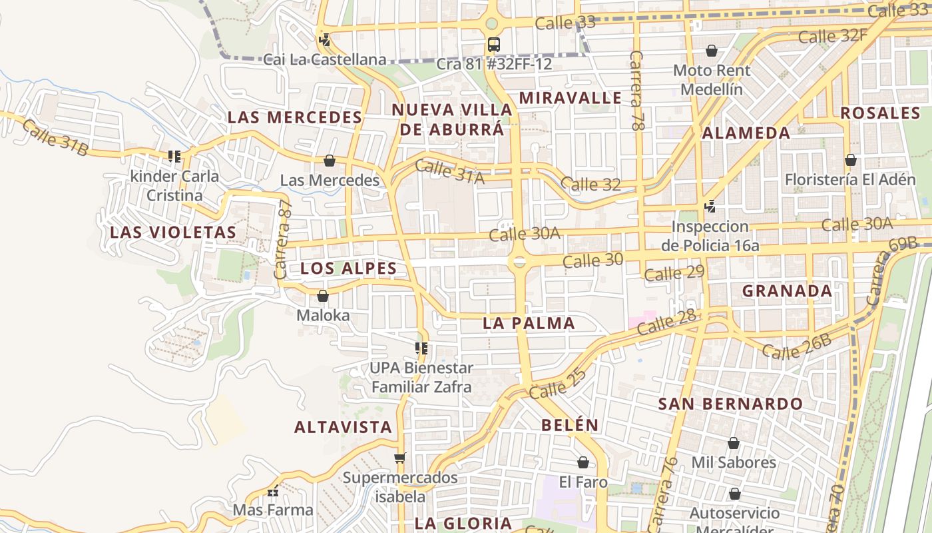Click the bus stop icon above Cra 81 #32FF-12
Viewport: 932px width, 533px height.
click(x=493, y=45)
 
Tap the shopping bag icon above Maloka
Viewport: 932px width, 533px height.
click(x=323, y=296)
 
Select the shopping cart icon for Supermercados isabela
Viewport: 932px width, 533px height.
click(x=399, y=458)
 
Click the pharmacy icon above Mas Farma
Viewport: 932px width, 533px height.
click(x=273, y=492)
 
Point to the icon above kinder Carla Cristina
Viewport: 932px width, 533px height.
click(x=174, y=157)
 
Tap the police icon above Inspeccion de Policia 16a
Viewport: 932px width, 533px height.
click(x=710, y=207)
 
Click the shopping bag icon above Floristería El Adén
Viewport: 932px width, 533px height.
click(x=850, y=160)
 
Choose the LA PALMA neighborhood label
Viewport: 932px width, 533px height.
click(x=529, y=323)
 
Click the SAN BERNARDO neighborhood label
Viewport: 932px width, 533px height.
click(x=730, y=404)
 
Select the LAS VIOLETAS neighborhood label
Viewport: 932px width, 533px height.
click(x=173, y=232)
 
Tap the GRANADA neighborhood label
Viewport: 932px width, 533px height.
click(x=787, y=290)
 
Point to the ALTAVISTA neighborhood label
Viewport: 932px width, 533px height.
click(x=344, y=427)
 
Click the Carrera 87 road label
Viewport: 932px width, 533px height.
click(x=284, y=241)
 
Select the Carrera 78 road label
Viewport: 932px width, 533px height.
click(x=638, y=89)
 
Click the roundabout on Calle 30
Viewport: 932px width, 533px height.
click(x=518, y=262)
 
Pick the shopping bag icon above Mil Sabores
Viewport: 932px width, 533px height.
click(x=733, y=443)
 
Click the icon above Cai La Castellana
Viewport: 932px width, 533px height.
click(x=324, y=40)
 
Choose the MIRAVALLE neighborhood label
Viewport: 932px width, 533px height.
click(x=571, y=98)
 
